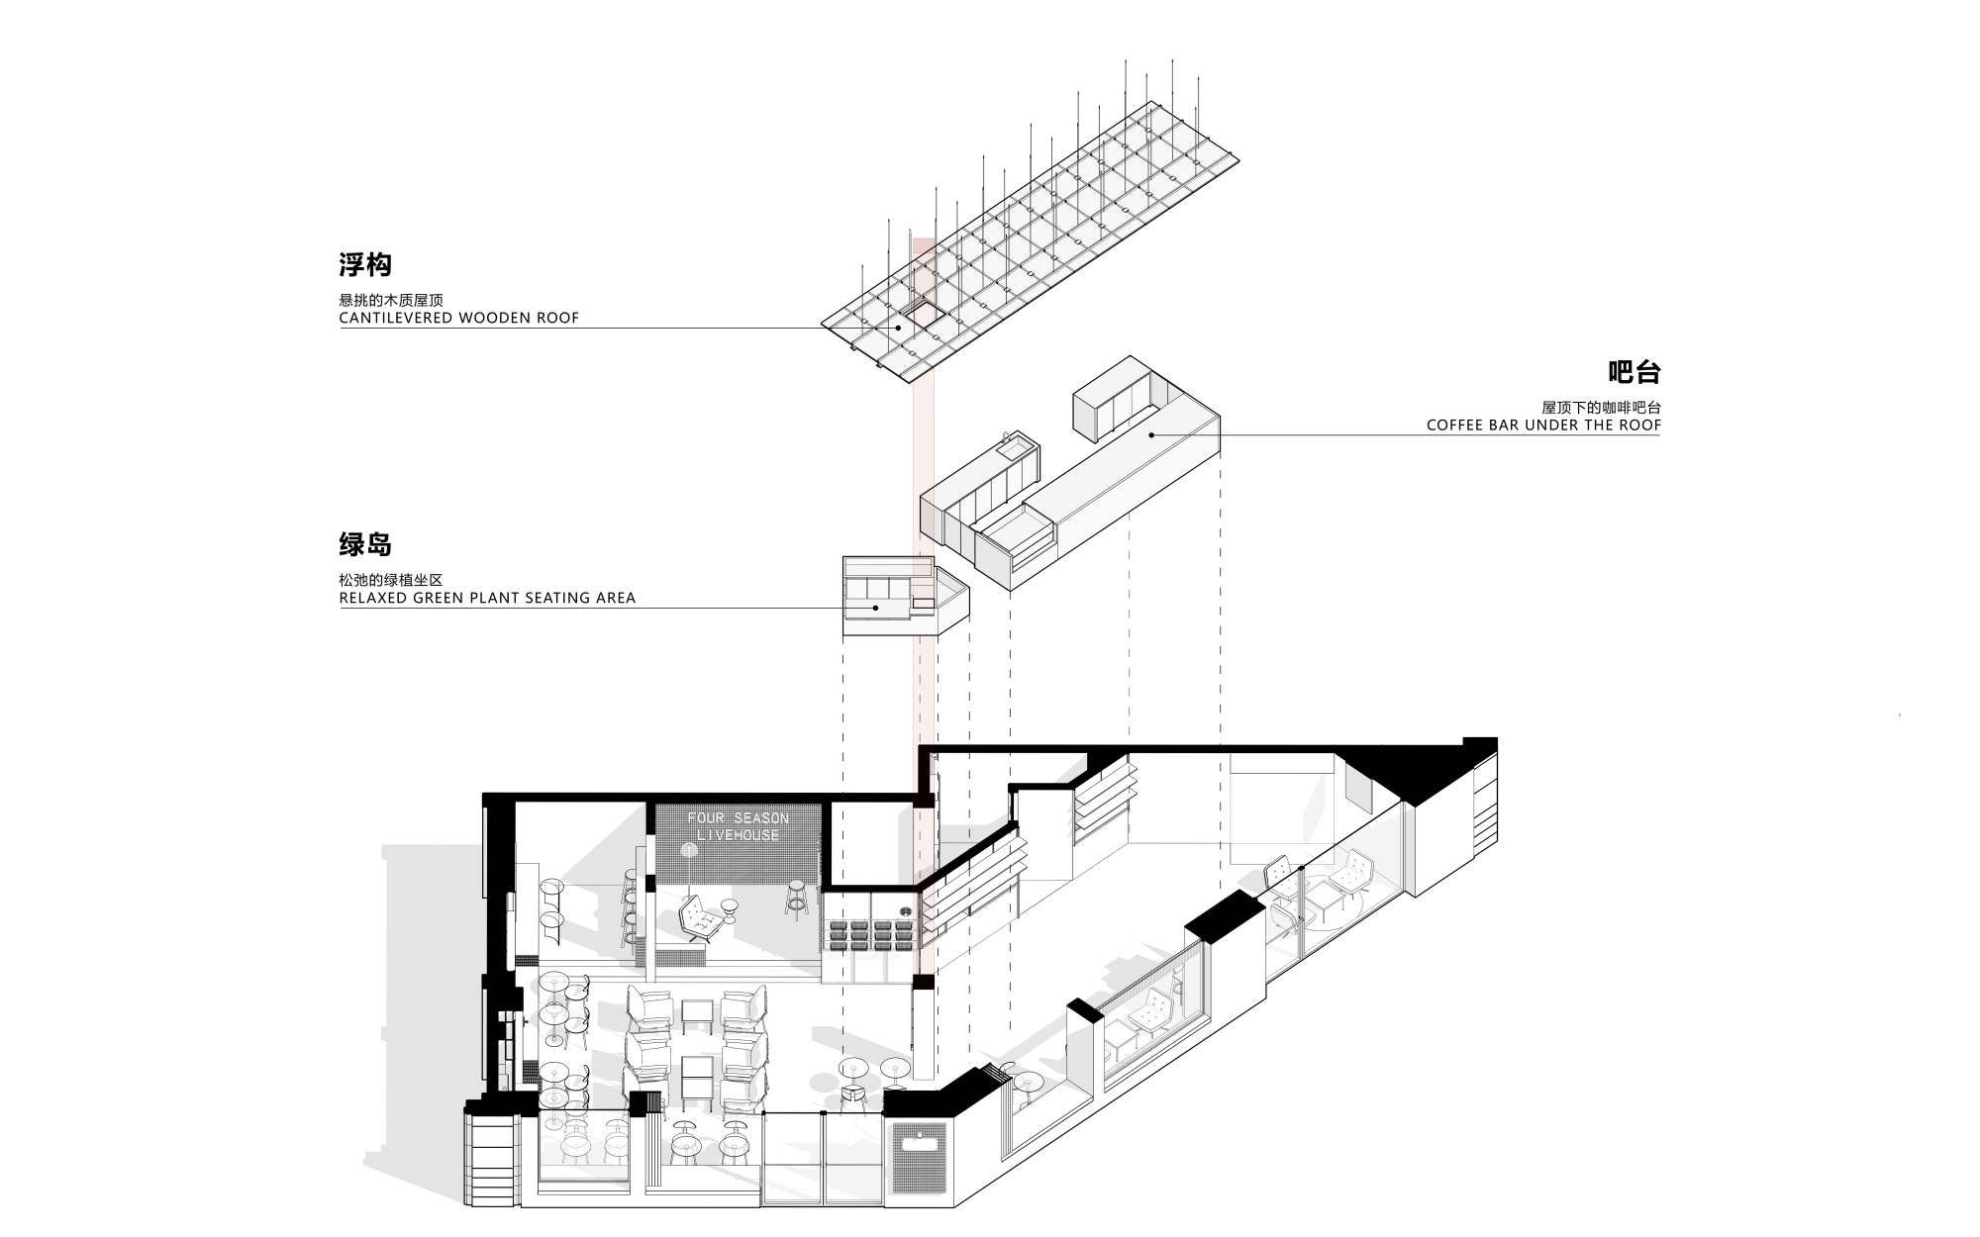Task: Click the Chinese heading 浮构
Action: coord(365,265)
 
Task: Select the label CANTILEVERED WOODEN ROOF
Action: coord(459,319)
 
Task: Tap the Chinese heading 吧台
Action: coord(1633,372)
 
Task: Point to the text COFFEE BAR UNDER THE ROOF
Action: coord(1543,426)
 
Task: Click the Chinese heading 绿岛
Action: coord(365,545)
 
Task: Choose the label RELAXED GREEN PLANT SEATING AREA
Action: coord(487,599)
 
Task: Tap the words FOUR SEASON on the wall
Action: coord(739,818)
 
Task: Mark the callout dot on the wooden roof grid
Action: coord(899,328)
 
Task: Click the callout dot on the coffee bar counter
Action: coord(1152,434)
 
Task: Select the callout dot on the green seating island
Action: coord(874,608)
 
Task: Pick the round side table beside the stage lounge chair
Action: coord(731,909)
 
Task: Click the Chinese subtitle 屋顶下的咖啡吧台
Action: coord(1601,408)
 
